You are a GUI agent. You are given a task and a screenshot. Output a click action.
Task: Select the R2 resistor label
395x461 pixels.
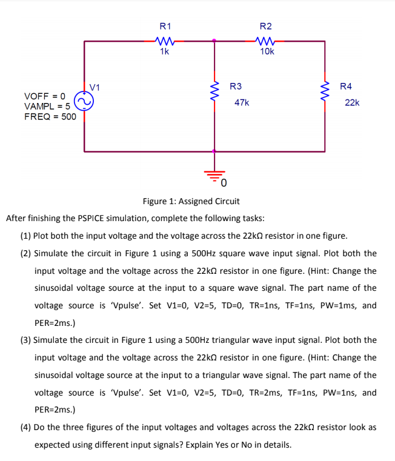265,27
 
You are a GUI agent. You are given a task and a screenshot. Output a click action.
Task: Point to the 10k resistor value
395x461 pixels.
266,52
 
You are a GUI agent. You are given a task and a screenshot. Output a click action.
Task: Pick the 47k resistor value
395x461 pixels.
241,103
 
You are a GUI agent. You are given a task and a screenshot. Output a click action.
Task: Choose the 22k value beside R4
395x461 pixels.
352,103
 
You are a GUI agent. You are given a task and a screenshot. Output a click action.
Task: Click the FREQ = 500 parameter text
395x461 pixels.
50,116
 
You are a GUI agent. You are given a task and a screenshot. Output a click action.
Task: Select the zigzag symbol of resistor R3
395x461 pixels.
213,93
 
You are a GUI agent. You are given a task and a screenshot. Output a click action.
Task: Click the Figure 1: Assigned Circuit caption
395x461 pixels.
191,201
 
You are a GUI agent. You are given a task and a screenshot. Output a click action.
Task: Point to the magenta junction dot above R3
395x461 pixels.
213,41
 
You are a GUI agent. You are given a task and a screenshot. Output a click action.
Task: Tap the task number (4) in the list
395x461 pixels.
26,427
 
